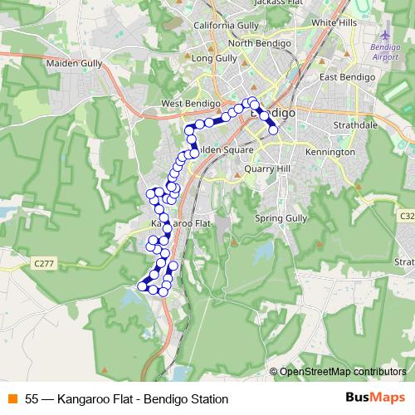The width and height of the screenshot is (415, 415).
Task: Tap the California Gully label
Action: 227,26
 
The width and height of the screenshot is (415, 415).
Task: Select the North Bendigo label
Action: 257,43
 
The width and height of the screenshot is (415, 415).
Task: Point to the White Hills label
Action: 334,22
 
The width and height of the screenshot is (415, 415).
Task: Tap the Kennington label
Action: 330,153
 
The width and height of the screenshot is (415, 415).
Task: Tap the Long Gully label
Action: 214,59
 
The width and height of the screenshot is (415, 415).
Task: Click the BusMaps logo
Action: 375,398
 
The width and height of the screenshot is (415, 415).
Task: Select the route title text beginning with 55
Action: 126,399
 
